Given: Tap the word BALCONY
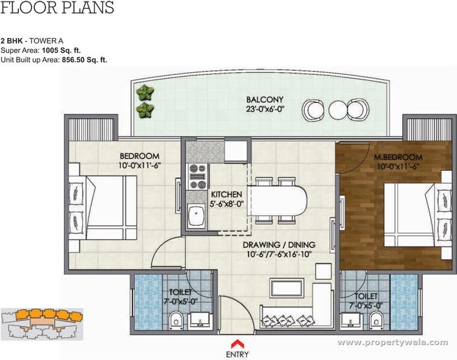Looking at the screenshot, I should point(265,99).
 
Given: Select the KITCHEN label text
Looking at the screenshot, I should point(226,194).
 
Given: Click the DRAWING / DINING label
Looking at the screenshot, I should point(280,245).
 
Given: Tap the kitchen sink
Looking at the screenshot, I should point(195,215).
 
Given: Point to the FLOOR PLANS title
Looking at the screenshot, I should point(57,8).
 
